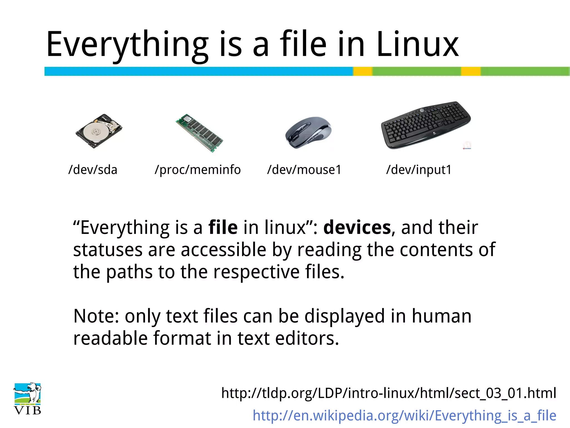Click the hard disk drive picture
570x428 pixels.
pos(99,131)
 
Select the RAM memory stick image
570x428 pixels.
pos(199,133)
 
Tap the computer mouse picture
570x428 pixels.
pos(308,133)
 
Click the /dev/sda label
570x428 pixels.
pos(93,170)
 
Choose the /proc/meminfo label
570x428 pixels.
pos(198,170)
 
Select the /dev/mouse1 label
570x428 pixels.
pos(304,170)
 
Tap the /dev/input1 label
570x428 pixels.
pos(419,170)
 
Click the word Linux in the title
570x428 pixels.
pos(417,45)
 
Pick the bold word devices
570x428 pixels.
pos(357,227)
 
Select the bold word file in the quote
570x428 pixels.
pos(223,227)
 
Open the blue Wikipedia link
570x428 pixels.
pos(404,415)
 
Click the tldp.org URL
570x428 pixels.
pos(389,393)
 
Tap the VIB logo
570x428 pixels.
pos(28,399)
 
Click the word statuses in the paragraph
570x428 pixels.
pos(108,250)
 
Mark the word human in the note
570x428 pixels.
pos(441,316)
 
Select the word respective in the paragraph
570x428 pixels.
pos(256,272)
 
